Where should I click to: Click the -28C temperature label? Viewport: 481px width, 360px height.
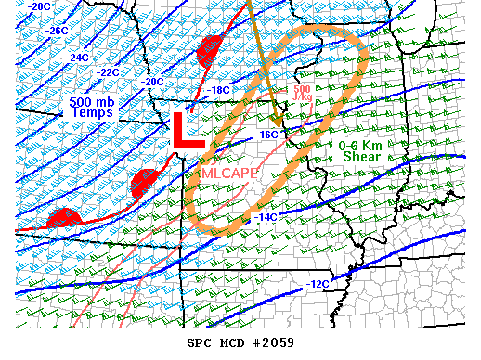pos(38,6)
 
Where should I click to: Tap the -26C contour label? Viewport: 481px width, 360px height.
pos(57,31)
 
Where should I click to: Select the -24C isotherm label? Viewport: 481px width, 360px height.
pos(77,58)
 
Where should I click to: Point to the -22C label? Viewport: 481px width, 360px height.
pos(108,72)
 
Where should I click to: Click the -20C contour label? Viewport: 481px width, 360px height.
pos(151,82)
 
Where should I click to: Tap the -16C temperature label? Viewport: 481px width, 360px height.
pos(267,135)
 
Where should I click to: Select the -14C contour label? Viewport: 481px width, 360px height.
pos(265,216)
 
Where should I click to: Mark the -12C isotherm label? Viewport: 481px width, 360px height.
pos(318,283)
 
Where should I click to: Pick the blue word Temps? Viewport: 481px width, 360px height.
pos(91,112)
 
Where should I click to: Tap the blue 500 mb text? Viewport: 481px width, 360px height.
pos(91,99)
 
